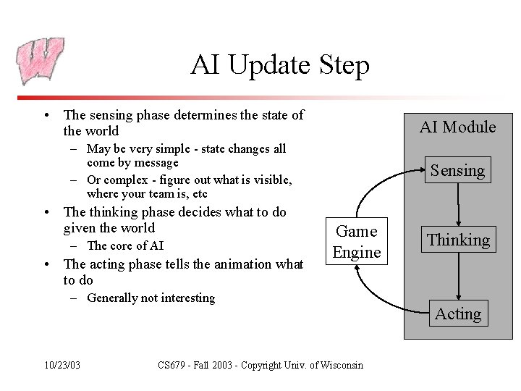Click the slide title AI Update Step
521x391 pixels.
click(280, 65)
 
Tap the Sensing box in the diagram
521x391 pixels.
click(457, 171)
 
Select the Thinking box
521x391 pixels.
click(457, 240)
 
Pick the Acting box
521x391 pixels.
click(457, 314)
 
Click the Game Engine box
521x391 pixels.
click(357, 242)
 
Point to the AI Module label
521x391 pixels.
click(457, 127)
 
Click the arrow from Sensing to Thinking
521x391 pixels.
click(458, 206)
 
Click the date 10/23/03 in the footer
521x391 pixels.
click(62, 365)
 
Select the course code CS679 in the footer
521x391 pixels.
click(174, 365)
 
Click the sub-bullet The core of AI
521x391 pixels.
click(124, 245)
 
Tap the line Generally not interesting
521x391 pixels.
click(151, 298)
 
